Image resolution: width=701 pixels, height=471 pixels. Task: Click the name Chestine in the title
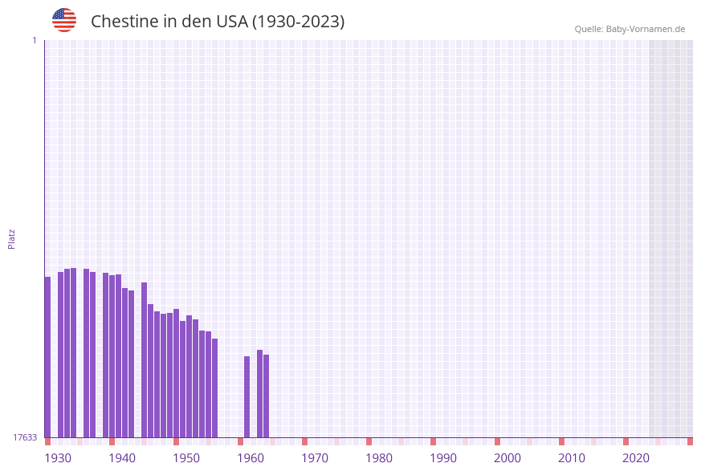pyautogui.click(x=124, y=22)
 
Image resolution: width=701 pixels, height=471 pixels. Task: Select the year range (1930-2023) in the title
pyautogui.click(x=299, y=22)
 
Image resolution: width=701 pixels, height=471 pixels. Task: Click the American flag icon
pyautogui.click(x=64, y=20)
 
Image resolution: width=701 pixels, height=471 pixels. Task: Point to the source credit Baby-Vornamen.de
pyautogui.click(x=630, y=29)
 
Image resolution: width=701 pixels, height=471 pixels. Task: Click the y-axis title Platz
pyautogui.click(x=12, y=238)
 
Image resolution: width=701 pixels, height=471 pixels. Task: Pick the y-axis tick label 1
pyautogui.click(x=34, y=40)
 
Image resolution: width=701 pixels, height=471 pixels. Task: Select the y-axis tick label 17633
pyautogui.click(x=25, y=437)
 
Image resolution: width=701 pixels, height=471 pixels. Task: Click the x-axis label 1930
pyautogui.click(x=58, y=458)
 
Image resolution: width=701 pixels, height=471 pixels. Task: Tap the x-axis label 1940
pyautogui.click(x=122, y=458)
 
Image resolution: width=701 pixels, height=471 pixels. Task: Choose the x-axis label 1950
pyautogui.click(x=186, y=458)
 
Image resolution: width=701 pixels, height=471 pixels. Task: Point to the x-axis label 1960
pyautogui.click(x=251, y=458)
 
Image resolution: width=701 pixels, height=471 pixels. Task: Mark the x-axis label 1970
pyautogui.click(x=315, y=458)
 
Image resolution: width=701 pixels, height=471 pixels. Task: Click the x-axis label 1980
pyautogui.click(x=379, y=458)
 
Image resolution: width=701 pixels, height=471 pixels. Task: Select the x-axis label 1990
pyautogui.click(x=443, y=458)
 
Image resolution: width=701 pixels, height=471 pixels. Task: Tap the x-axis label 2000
pyautogui.click(x=507, y=458)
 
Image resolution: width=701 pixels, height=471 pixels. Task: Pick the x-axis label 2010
pyautogui.click(x=572, y=458)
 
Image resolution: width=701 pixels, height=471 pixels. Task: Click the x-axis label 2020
pyautogui.click(x=636, y=458)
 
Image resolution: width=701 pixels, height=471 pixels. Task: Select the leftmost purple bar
pyautogui.click(x=47, y=357)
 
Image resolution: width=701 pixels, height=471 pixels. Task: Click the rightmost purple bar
pyautogui.click(x=266, y=396)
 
